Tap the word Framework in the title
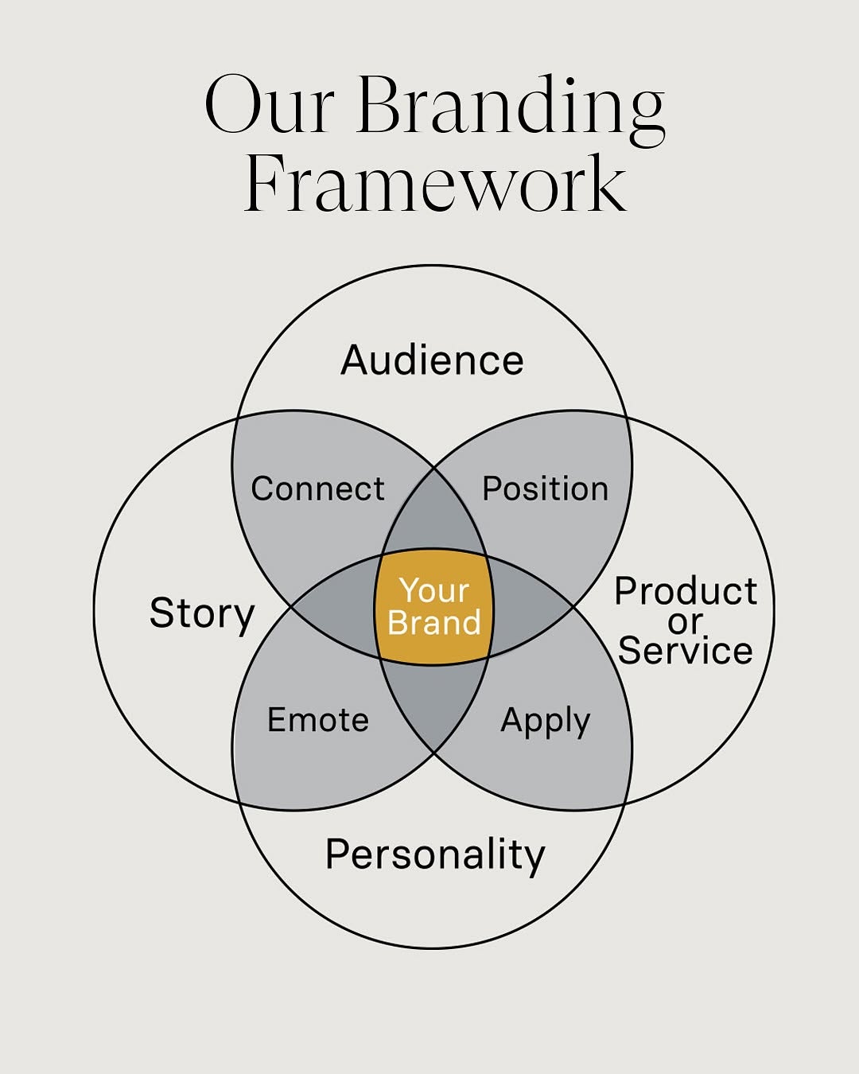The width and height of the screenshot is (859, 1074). pyautogui.click(x=435, y=185)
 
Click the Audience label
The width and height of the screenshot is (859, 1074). pyautogui.click(x=432, y=360)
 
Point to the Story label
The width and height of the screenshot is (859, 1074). pyautogui.click(x=202, y=614)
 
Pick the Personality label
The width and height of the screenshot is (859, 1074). pyautogui.click(x=435, y=855)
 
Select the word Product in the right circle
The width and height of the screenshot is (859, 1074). pyautogui.click(x=686, y=591)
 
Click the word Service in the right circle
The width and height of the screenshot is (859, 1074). pyautogui.click(x=685, y=651)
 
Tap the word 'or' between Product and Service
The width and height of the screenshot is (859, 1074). pyautogui.click(x=686, y=621)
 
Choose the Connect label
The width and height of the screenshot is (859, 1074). pyautogui.click(x=317, y=488)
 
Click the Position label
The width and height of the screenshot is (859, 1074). pyautogui.click(x=546, y=488)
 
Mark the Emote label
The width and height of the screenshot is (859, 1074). pyautogui.click(x=317, y=720)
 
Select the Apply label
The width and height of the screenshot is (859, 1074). pyautogui.click(x=546, y=722)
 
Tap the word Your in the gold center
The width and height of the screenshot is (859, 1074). pyautogui.click(x=434, y=590)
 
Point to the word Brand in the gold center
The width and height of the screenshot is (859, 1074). pyautogui.click(x=434, y=622)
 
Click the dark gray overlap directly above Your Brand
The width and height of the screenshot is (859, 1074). pyautogui.click(x=434, y=517)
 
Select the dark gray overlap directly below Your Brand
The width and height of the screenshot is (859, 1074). pyautogui.click(x=434, y=700)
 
